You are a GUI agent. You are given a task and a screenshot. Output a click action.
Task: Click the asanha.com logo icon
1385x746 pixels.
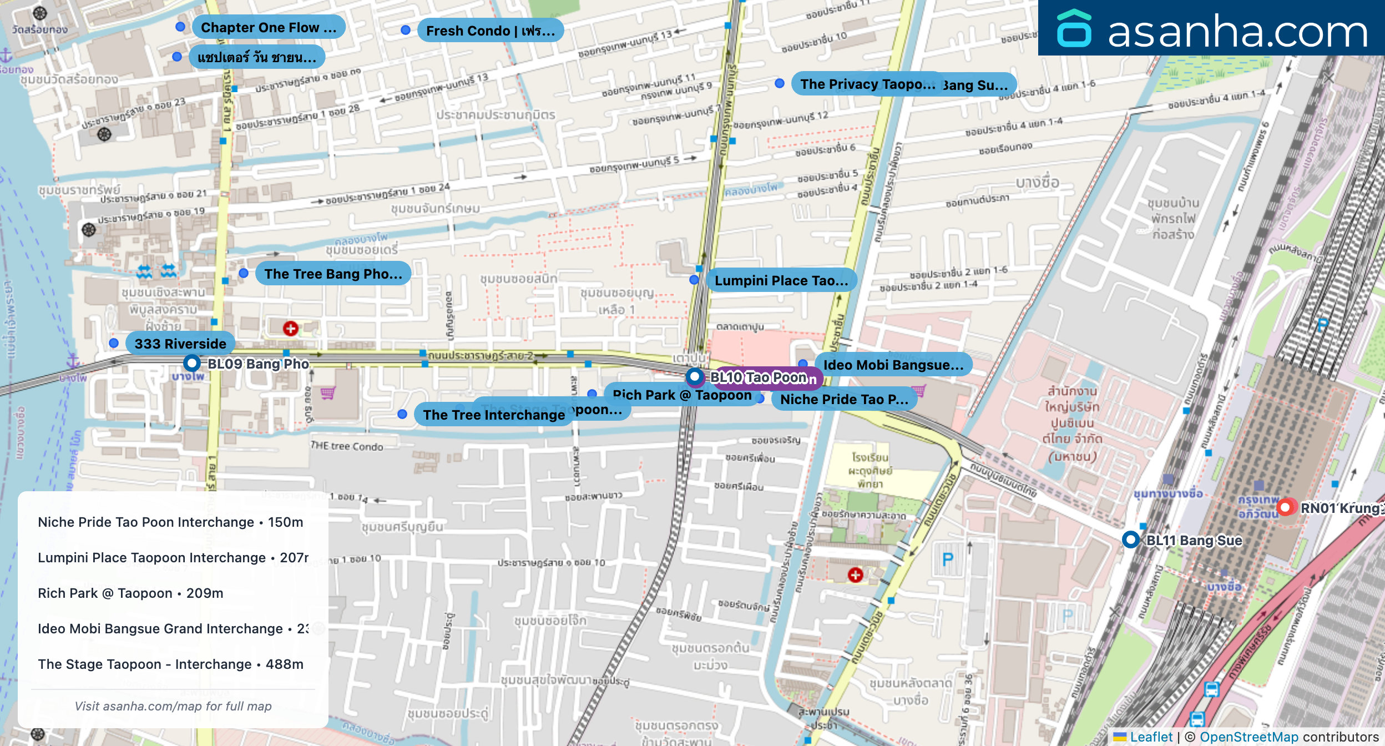(1074, 29)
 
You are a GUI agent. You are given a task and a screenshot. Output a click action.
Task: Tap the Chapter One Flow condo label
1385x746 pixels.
(269, 27)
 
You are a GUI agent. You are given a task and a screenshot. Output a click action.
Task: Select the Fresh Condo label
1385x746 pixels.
(490, 31)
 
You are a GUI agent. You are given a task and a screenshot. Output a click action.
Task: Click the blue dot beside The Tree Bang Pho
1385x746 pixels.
(244, 273)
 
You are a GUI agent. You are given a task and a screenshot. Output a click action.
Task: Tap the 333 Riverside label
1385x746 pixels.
(180, 344)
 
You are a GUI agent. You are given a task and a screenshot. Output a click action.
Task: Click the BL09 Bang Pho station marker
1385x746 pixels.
(192, 364)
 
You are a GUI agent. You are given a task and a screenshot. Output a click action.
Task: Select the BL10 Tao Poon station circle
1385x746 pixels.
(695, 377)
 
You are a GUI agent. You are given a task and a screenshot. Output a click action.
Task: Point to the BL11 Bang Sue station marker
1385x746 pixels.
(1130, 540)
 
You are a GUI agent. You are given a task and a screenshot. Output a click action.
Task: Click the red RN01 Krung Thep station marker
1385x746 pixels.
(1285, 507)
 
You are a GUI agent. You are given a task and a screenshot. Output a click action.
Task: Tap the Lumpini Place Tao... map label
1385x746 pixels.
(781, 280)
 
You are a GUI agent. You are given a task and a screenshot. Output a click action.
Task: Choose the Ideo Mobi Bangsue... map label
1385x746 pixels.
(893, 365)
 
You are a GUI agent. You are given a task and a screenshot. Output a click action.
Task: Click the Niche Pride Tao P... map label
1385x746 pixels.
(843, 399)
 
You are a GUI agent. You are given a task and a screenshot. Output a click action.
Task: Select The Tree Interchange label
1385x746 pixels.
(493, 415)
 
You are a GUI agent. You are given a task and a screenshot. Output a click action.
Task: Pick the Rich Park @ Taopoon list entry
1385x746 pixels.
(130, 593)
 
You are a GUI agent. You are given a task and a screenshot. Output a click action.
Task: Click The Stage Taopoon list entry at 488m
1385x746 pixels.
(170, 664)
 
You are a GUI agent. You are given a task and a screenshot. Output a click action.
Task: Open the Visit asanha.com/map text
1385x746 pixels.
(173, 706)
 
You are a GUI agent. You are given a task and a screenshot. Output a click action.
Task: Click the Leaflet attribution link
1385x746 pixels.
(1151, 737)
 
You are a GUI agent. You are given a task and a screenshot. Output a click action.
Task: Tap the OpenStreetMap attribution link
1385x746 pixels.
(1249, 737)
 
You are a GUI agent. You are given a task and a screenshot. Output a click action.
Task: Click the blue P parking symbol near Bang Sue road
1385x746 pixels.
(948, 559)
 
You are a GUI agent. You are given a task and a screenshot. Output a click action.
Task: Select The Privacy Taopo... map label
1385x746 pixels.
(867, 84)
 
